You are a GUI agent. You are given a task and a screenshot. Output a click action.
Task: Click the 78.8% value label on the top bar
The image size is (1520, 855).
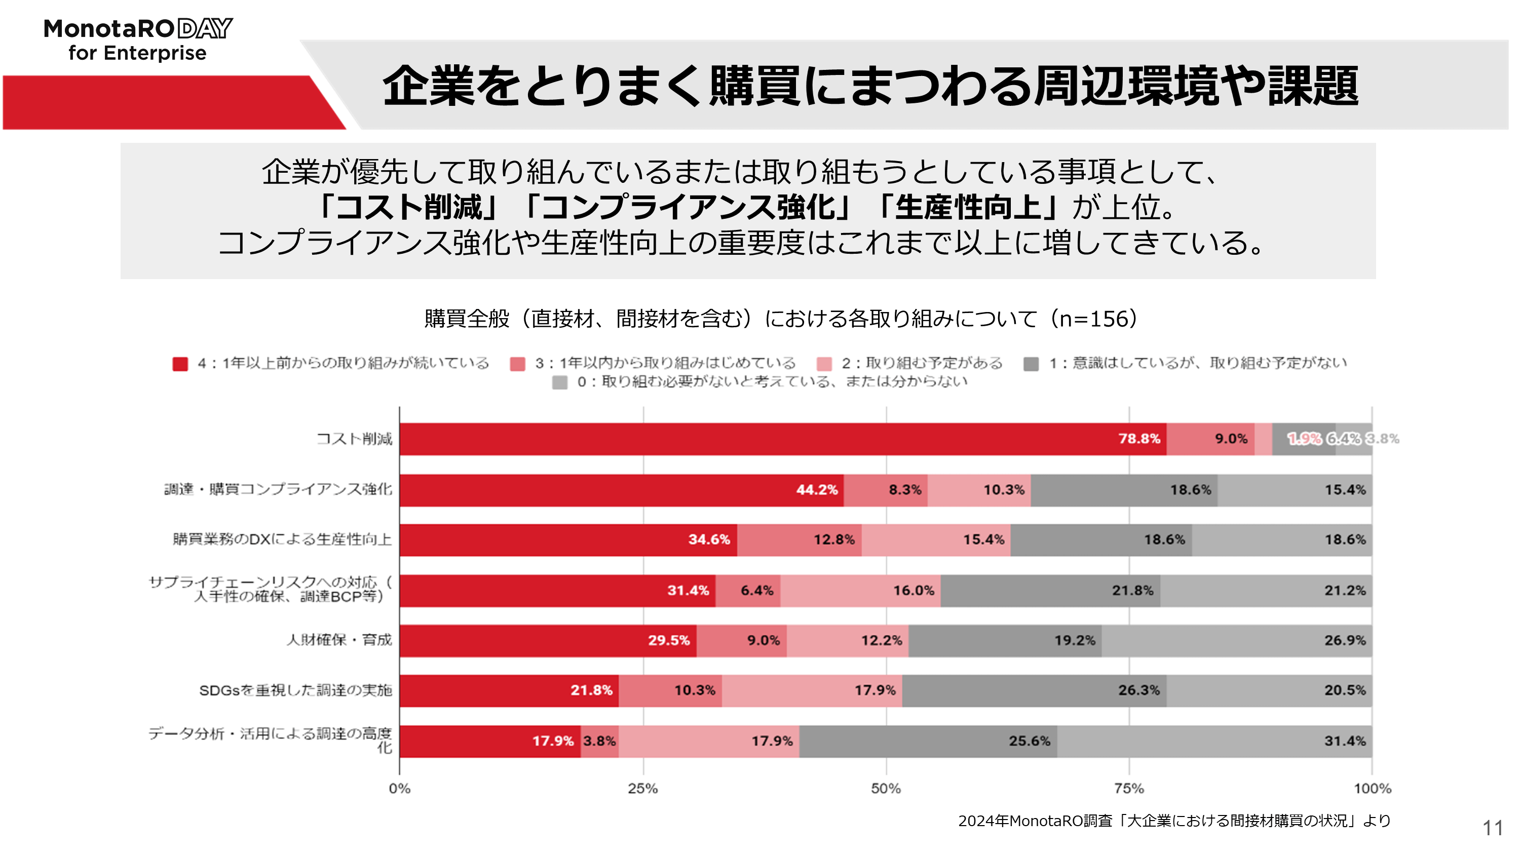(x=1139, y=439)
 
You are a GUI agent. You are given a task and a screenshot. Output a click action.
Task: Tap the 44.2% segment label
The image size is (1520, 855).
(x=817, y=490)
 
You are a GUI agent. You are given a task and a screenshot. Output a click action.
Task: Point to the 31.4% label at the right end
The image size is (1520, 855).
(x=1345, y=741)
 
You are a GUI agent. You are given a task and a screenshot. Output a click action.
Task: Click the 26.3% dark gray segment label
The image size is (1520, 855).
(x=1138, y=690)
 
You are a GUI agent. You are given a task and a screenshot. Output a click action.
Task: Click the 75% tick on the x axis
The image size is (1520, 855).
(x=1129, y=788)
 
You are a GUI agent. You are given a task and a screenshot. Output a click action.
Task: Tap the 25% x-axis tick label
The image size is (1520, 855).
(x=642, y=788)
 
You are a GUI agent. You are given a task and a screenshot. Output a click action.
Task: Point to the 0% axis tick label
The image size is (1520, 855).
(x=399, y=788)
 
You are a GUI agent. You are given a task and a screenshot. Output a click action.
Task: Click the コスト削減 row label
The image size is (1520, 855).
(x=354, y=439)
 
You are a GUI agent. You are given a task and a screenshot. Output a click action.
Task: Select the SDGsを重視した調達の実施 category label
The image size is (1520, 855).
(x=295, y=690)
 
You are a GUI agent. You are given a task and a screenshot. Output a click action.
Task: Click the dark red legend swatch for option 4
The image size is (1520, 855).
(x=180, y=364)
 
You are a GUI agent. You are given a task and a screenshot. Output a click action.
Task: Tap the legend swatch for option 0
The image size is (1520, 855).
(x=559, y=382)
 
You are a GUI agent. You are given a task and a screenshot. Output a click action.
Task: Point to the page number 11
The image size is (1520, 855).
(x=1492, y=828)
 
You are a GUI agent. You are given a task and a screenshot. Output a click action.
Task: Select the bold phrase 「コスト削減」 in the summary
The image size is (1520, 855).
(x=408, y=207)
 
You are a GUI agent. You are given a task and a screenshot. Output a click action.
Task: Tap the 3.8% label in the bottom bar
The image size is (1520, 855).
(x=599, y=741)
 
